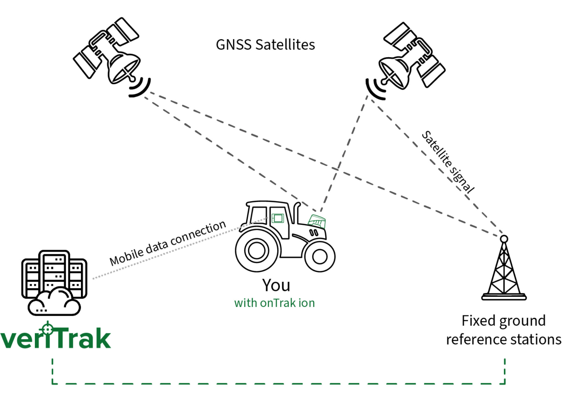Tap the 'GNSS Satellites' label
(x=265, y=45)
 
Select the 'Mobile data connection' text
(x=167, y=243)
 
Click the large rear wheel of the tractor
(x=257, y=250)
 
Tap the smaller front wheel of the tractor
(x=319, y=256)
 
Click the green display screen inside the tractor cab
(x=278, y=218)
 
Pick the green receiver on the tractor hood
(x=317, y=221)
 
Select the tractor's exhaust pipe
(x=296, y=213)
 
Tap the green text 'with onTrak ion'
(x=274, y=303)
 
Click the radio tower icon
(x=504, y=270)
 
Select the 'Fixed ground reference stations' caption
(x=504, y=330)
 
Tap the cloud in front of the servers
(x=54, y=302)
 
